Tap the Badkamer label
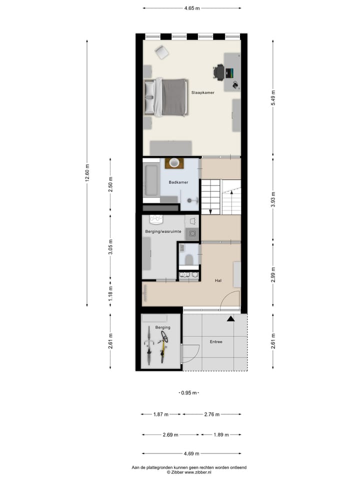click(178, 182)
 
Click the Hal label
click(218, 281)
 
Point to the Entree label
click(216, 342)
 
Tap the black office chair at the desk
click(218, 72)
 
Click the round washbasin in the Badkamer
click(174, 162)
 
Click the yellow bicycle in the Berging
click(162, 349)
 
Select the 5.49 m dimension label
click(273, 97)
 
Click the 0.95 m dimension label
click(189, 392)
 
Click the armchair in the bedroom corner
click(161, 51)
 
